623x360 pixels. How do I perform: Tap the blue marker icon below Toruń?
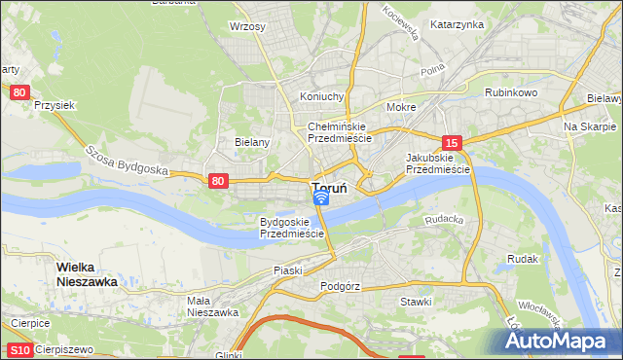[x=320, y=198]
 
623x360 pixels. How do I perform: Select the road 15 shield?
[x=450, y=142]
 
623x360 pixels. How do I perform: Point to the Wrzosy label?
[x=247, y=26]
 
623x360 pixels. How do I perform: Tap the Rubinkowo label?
[x=511, y=93]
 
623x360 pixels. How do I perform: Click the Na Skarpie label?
[x=590, y=126]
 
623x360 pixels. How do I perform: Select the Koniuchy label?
[x=322, y=96]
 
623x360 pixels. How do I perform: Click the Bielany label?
[x=252, y=141]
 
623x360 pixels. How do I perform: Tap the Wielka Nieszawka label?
[x=87, y=273]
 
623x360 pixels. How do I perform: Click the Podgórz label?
[x=340, y=287]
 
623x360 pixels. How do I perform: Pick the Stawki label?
[x=416, y=302]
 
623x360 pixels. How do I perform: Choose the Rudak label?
[x=523, y=259]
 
